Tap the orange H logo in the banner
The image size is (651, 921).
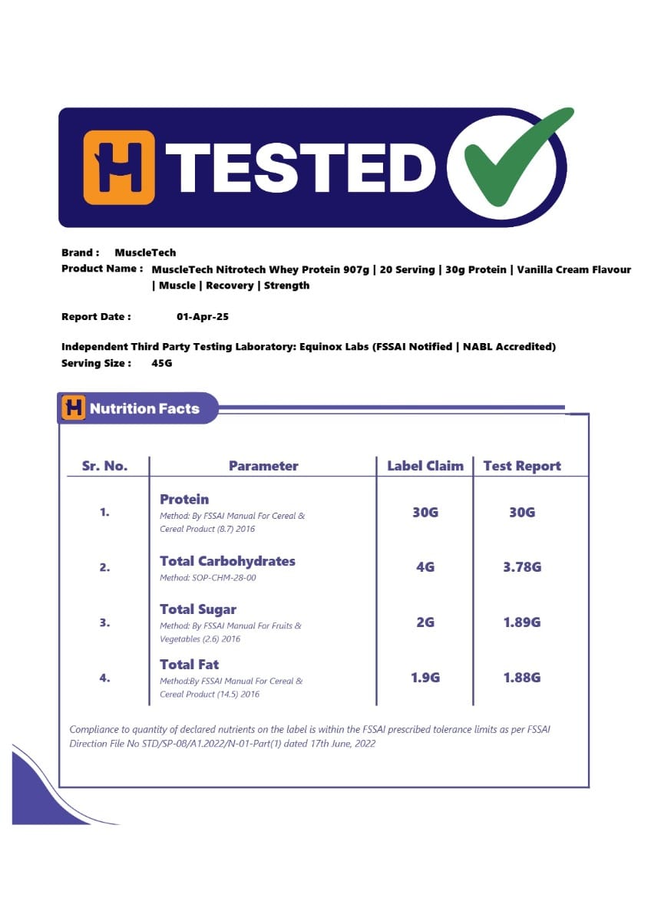point(119,167)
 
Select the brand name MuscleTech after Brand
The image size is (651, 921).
point(145,253)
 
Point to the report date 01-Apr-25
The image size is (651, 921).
point(203,316)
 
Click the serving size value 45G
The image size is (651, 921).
point(162,363)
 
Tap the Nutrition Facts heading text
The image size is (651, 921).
point(144,408)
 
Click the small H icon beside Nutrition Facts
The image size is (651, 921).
point(74,408)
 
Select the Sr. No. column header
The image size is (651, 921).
point(104,466)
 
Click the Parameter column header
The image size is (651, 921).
point(263,466)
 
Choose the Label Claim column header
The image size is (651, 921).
point(425,466)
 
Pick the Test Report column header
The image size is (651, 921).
point(522,466)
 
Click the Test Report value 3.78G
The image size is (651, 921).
point(522,567)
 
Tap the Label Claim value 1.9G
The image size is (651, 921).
point(425,678)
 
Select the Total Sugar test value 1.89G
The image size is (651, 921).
point(522,622)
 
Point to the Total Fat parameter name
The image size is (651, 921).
point(190,664)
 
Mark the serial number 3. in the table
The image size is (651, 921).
point(104,622)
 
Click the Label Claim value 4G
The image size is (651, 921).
point(425,567)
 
